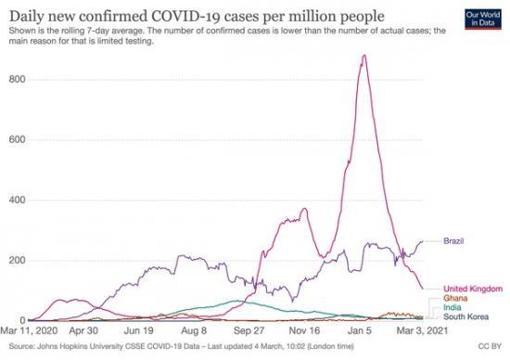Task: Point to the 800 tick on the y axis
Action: (15, 80)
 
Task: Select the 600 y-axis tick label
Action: (15, 140)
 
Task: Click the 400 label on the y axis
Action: (15, 199)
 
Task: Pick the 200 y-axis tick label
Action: (15, 260)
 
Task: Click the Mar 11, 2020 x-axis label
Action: (29, 329)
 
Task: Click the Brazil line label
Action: (454, 241)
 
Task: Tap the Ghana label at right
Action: (454, 298)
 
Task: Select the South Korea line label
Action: (465, 316)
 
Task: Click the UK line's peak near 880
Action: (363, 56)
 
